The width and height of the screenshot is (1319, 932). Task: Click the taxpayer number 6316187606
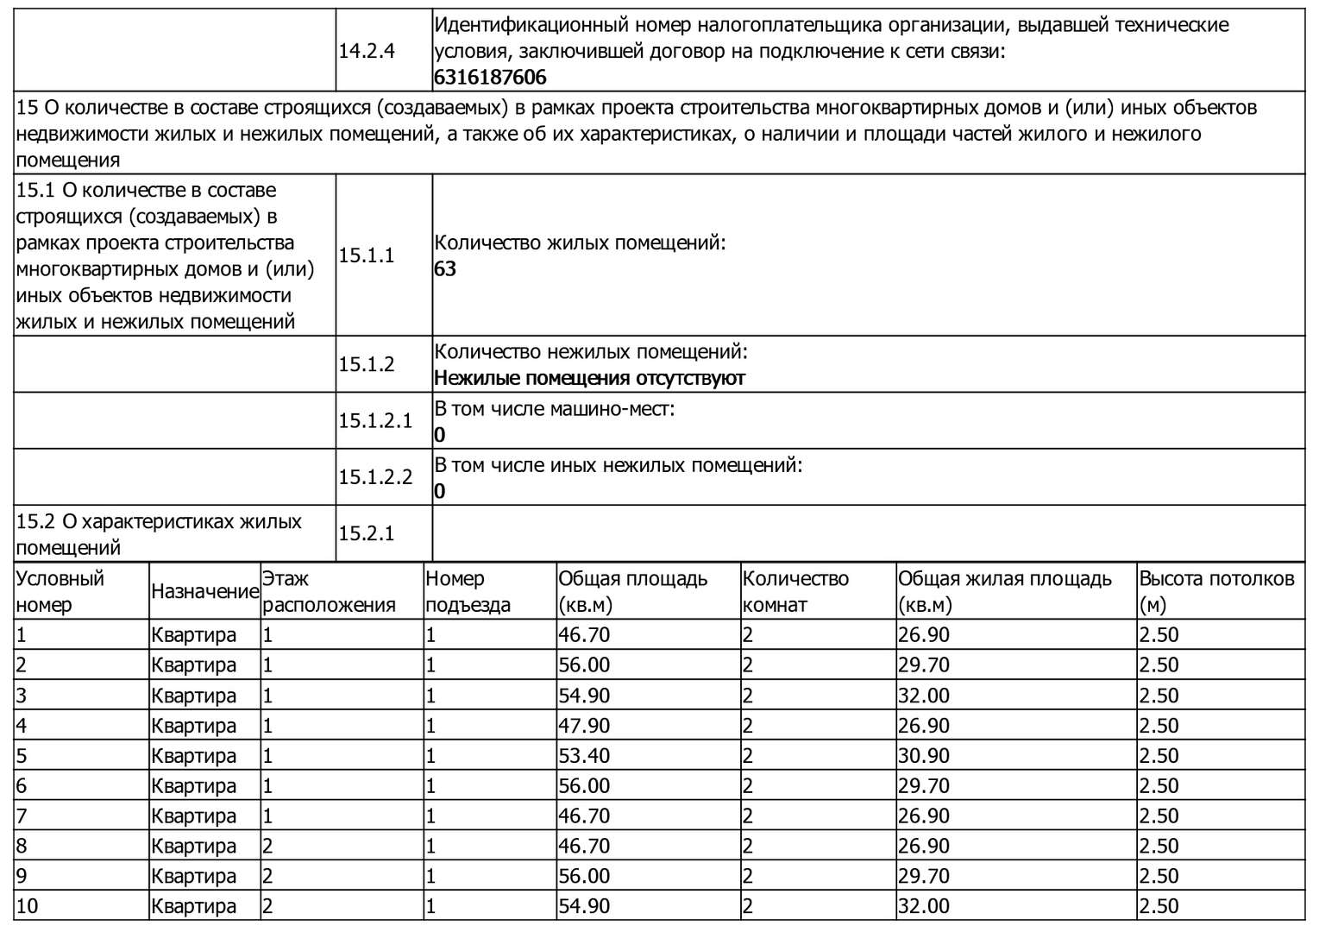(490, 78)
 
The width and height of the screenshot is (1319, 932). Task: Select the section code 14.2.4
(367, 51)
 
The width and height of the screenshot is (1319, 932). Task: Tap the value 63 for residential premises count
(445, 269)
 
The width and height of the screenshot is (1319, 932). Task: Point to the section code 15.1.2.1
(375, 421)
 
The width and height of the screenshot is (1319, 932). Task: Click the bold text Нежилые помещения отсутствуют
(589, 378)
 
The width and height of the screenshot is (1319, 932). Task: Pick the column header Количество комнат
(795, 591)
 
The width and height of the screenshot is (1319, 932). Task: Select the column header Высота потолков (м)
(1216, 591)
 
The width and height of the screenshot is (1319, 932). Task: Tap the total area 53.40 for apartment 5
(584, 756)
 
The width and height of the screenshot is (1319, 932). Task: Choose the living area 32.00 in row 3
(923, 696)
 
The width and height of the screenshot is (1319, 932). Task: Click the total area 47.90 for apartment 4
(584, 726)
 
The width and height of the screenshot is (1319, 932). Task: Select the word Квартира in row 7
(193, 816)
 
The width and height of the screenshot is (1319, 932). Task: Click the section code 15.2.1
(366, 534)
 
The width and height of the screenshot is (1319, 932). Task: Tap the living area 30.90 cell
(923, 756)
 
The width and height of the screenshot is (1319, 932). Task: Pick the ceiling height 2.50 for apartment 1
(1159, 635)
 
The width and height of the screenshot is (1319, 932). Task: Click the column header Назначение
(204, 591)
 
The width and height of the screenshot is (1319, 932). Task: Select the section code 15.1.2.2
(375, 477)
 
